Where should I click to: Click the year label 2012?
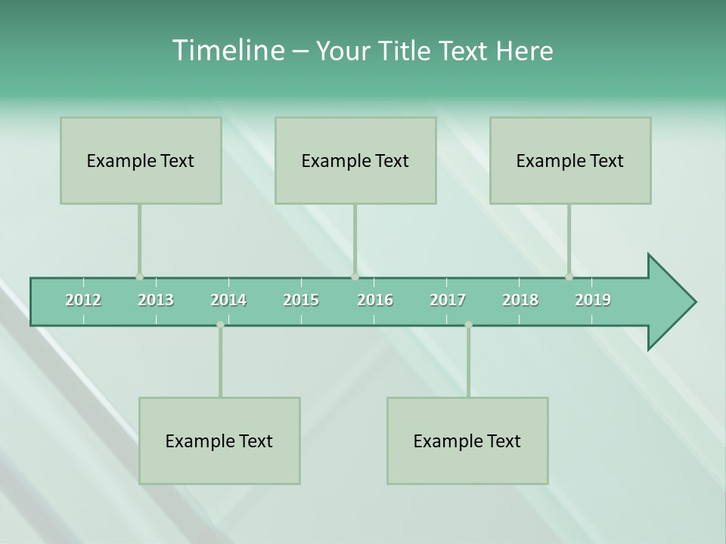pos(83,301)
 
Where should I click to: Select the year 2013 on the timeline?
pos(156,301)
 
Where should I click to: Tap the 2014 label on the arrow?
pos(228,301)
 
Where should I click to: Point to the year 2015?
pos(301,301)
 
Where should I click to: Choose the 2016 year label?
pos(375,301)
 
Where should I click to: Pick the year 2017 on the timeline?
pos(448,301)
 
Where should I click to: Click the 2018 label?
pos(520,301)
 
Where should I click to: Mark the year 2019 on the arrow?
pos(593,301)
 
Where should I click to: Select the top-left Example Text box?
pos(141,160)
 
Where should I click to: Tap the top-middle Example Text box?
pos(355,160)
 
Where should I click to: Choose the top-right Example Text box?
pos(570,160)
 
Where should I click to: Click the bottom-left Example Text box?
pos(219,440)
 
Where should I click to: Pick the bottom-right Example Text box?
pos(467,440)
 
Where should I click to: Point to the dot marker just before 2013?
pos(139,277)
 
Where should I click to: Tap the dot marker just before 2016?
pos(355,277)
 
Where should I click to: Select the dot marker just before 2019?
pos(569,277)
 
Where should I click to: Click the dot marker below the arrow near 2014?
pos(220,325)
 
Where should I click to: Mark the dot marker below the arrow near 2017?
pos(468,325)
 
